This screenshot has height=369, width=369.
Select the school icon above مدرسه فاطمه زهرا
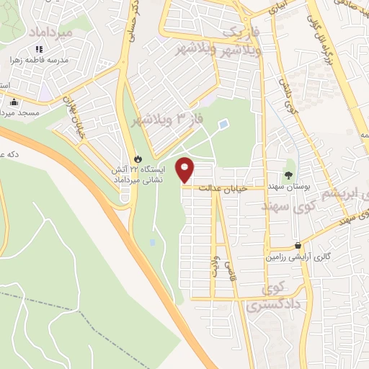coord(38,49)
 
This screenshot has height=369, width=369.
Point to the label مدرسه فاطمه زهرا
coord(38,61)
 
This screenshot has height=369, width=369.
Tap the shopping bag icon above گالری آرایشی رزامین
coord(298,245)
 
